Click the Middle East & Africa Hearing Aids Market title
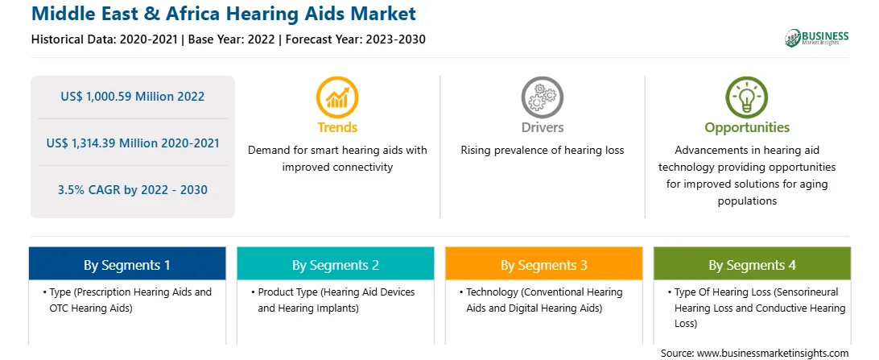click(x=224, y=14)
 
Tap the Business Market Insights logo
click(x=817, y=38)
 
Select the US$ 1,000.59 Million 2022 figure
click(x=133, y=97)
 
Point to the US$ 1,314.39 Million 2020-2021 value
click(x=133, y=143)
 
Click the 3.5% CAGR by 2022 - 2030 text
click(x=133, y=189)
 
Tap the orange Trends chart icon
click(x=337, y=97)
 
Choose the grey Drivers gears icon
click(x=542, y=97)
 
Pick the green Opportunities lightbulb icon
click(x=747, y=97)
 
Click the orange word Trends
click(x=337, y=127)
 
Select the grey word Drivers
click(x=542, y=127)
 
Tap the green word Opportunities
click(x=747, y=128)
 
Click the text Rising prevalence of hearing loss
click(x=542, y=151)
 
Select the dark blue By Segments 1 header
click(x=127, y=264)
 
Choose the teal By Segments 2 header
click(x=335, y=264)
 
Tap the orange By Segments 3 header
click(x=544, y=264)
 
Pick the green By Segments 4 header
click(x=752, y=264)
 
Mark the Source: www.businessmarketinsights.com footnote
click(x=754, y=353)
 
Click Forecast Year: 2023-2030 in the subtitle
click(x=356, y=39)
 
